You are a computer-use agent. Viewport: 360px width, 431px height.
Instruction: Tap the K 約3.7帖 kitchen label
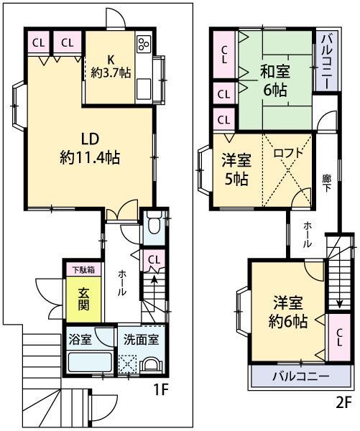[x=111, y=66]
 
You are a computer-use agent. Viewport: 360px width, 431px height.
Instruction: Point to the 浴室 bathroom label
[x=80, y=339]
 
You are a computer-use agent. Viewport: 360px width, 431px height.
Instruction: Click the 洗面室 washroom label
[x=139, y=339]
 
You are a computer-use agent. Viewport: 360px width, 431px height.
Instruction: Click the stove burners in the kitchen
[x=143, y=45]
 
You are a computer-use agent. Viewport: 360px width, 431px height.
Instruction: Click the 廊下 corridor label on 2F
[x=328, y=182]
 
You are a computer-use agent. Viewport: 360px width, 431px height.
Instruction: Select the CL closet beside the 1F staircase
[x=153, y=259]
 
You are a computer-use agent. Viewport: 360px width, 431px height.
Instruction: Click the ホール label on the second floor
[x=308, y=234]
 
